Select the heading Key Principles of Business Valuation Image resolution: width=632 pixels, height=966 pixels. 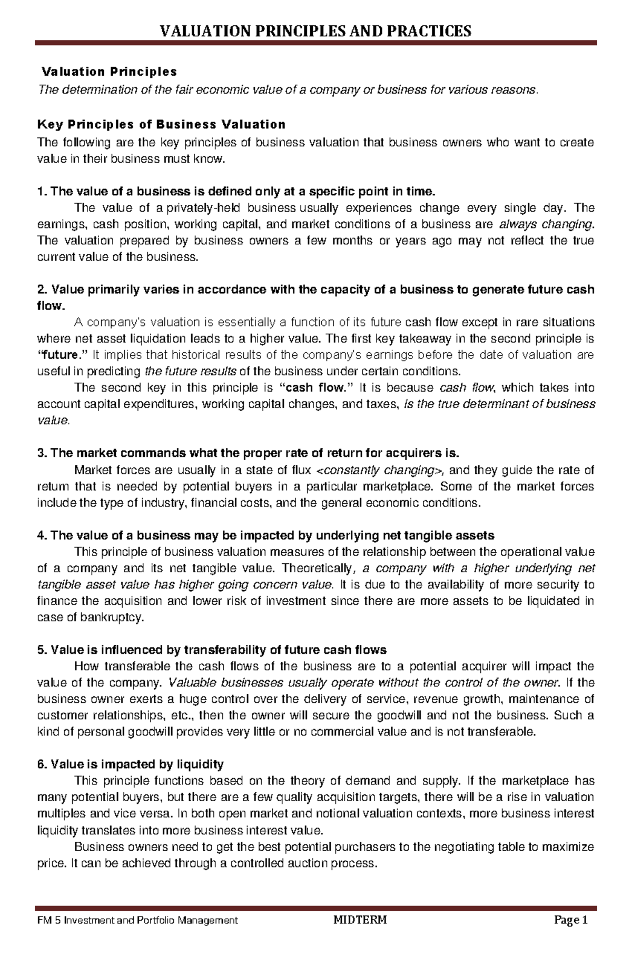pos(161,125)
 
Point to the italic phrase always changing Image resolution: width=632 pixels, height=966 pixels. pos(545,224)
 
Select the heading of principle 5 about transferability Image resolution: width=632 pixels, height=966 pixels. pos(212,650)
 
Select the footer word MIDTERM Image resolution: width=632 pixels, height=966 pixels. pos(360,935)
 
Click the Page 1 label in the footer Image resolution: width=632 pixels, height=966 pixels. pos(569,935)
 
